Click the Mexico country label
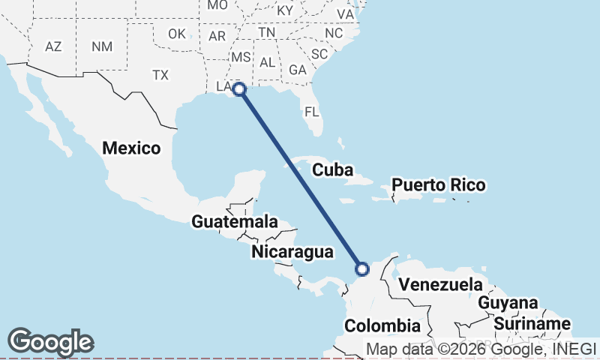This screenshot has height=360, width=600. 131,148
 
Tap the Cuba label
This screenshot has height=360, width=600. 332,170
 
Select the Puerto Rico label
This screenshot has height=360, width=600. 439,184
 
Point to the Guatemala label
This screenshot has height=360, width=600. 235,222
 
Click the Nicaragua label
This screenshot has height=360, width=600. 292,251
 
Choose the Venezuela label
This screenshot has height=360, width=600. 440,285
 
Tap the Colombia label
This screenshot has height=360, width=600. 382,325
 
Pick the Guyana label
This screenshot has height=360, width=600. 508,303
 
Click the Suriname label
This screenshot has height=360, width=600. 532,324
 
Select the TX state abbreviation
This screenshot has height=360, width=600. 160,75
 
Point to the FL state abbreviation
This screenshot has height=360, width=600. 312,112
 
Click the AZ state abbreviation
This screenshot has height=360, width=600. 53,46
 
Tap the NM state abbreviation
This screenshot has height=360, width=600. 101,46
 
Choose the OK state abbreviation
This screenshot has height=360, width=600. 177,34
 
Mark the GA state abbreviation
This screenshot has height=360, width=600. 298,70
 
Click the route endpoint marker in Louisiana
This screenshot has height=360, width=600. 239,90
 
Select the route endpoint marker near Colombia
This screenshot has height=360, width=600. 362,268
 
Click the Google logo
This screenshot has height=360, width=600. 50,342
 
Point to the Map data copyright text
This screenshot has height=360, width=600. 480,348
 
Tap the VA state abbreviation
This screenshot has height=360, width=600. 345,14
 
